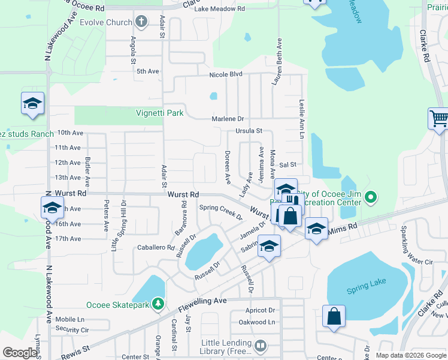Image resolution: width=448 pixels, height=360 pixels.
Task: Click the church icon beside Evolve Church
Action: pyautogui.click(x=141, y=23)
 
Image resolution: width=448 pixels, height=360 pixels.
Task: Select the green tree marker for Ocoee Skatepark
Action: pyautogui.click(x=158, y=304)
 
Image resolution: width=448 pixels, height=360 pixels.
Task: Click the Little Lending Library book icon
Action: pyautogui.click(x=261, y=346)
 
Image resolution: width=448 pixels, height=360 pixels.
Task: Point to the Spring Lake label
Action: pyautogui.click(x=363, y=291)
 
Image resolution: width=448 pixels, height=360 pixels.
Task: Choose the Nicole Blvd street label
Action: pyautogui.click(x=225, y=74)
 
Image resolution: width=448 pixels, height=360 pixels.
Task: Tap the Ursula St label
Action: pyautogui.click(x=249, y=130)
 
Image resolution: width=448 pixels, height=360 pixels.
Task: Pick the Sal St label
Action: pyautogui.click(x=288, y=164)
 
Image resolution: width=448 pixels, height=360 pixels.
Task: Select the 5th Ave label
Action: pyautogui.click(x=147, y=71)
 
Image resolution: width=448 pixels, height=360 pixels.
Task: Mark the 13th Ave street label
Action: pyautogui.click(x=68, y=178)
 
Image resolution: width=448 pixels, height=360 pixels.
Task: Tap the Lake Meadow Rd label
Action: pyautogui.click(x=220, y=9)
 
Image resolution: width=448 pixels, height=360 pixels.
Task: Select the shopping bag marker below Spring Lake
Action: pyautogui.click(x=334, y=317)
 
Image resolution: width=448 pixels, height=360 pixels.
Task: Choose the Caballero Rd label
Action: pyautogui.click(x=155, y=247)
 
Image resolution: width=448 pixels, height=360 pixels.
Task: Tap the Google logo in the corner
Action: pyautogui.click(x=20, y=353)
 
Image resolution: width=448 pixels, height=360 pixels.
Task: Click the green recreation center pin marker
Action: pyautogui.click(x=371, y=196)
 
